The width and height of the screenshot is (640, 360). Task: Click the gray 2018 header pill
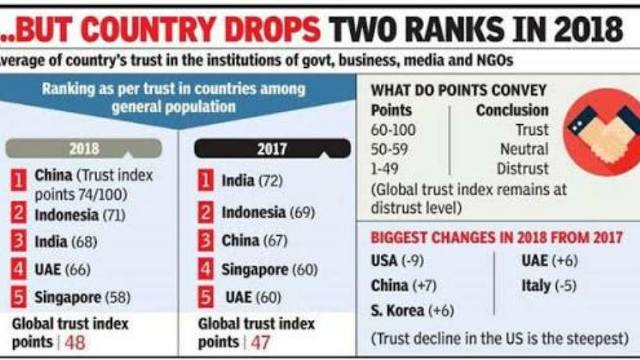(84, 149)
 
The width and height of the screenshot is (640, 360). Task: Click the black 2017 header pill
(272, 149)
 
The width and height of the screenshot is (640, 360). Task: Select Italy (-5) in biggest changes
(548, 285)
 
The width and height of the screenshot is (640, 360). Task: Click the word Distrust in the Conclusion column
(522, 169)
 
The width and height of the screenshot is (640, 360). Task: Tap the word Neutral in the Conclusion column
(524, 150)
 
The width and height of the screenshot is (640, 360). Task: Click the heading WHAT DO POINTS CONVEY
(459, 90)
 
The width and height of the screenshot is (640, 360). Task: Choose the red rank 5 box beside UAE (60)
(206, 298)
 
